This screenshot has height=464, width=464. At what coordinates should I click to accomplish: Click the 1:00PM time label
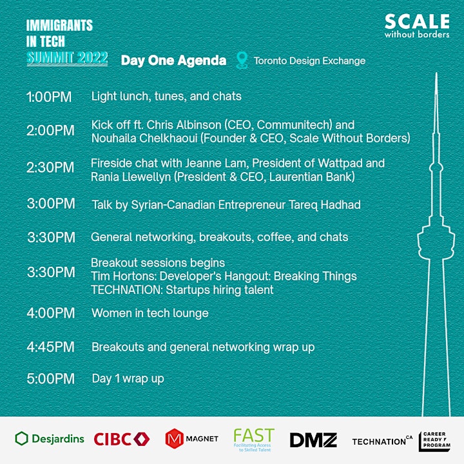pyautogui.click(x=49, y=97)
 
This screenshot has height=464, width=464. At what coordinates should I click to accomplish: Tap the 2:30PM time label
pyautogui.click(x=50, y=168)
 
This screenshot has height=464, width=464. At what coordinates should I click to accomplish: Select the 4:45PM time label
pyautogui.click(x=51, y=347)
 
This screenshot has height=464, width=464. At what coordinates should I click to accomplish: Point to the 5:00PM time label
pyautogui.click(x=51, y=379)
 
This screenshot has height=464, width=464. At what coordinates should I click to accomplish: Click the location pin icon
pyautogui.click(x=242, y=61)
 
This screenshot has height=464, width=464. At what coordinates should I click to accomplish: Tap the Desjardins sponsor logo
pyautogui.click(x=50, y=439)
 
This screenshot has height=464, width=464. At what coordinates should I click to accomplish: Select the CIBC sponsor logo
pyautogui.click(x=122, y=439)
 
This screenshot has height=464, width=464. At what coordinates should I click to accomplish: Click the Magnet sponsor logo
pyautogui.click(x=192, y=439)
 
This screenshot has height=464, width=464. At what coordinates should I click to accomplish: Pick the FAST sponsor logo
pyautogui.click(x=254, y=440)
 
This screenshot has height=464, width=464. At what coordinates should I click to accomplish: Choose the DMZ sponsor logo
pyautogui.click(x=313, y=440)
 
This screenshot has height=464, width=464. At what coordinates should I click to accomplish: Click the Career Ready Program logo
pyautogui.click(x=435, y=441)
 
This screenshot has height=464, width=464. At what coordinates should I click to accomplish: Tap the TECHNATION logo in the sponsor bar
pyautogui.click(x=382, y=441)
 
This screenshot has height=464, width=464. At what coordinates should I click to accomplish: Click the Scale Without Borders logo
pyautogui.click(x=417, y=26)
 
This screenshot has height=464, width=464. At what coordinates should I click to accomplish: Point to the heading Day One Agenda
pyautogui.click(x=174, y=61)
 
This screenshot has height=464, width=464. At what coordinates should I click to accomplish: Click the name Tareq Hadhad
pyautogui.click(x=325, y=205)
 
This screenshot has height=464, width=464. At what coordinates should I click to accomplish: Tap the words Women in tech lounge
pyautogui.click(x=150, y=313)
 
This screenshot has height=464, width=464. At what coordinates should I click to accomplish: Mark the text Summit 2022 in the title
pyautogui.click(x=67, y=58)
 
